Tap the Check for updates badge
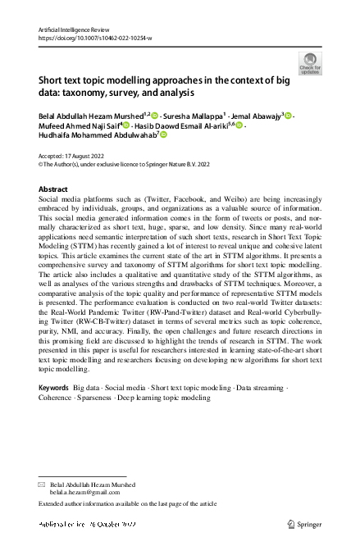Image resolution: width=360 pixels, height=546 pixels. (310, 63)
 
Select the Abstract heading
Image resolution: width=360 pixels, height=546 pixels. (54, 189)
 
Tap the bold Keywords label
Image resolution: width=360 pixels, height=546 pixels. (54, 386)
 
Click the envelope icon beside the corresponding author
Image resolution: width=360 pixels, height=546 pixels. (43, 484)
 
